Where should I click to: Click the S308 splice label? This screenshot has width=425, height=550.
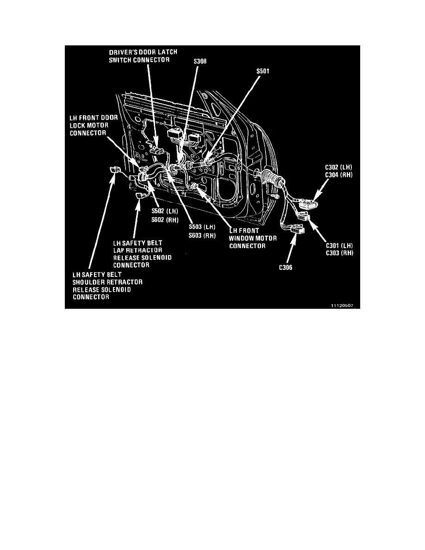coord(200,62)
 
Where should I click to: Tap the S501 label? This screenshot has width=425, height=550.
coord(262,71)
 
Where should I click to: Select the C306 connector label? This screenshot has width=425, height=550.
coord(286,268)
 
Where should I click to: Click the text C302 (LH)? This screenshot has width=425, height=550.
coord(339,167)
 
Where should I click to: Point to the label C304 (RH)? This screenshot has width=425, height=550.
coord(339,175)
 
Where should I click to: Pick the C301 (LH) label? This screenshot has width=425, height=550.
coord(339,245)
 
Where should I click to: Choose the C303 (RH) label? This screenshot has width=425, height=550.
coord(339,253)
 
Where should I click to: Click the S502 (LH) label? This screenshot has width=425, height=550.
coord(165,212)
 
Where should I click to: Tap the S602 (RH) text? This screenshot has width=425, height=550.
coord(165,220)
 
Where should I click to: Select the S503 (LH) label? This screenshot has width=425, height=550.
coord(202,227)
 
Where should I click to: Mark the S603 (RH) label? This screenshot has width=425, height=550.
coord(202,235)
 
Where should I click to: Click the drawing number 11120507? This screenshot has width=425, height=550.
coord(342,306)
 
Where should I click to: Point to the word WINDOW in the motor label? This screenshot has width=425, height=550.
coord(241,238)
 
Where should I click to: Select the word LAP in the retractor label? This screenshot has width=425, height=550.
coord(119,250)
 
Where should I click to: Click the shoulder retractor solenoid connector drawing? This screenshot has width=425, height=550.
coord(114,170)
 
